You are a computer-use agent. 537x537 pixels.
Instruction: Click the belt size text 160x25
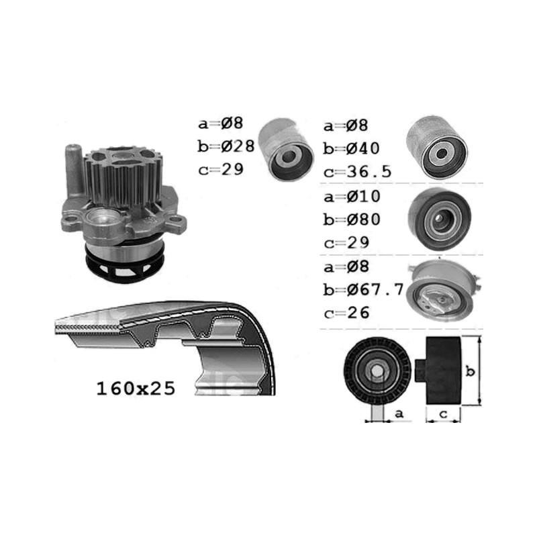[136, 389]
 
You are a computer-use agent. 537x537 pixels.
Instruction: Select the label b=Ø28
[226, 146]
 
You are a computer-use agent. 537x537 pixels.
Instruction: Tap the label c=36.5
[357, 172]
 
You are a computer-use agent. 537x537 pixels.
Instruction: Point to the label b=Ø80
[352, 219]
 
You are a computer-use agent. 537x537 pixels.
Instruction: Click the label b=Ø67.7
[364, 290]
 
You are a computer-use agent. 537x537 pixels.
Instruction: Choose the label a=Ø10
[352, 197]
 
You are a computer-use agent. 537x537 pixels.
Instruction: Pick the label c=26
[346, 313]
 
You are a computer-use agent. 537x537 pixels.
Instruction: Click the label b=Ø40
[351, 148]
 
